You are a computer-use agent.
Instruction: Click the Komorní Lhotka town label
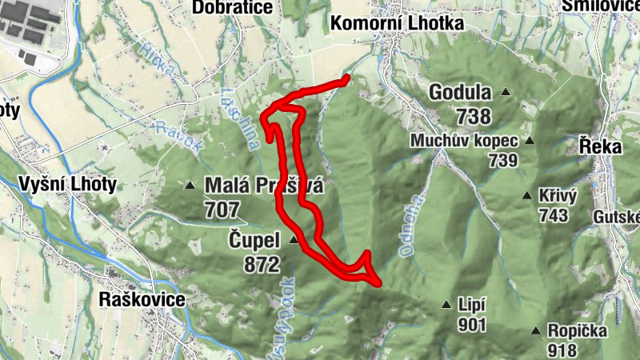[x=397, y=24]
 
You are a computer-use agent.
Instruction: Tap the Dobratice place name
[x=233, y=7]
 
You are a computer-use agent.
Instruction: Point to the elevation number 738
[x=474, y=117]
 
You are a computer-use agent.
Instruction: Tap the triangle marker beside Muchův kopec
[x=528, y=141]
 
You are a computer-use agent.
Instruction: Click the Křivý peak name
[x=554, y=198]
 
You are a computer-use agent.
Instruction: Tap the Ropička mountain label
[x=576, y=330]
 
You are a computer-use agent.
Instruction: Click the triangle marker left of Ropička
[x=535, y=330]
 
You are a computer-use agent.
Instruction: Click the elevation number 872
[x=262, y=263]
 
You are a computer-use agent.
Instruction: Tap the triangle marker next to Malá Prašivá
[x=190, y=186]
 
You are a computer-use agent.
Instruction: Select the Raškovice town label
[x=142, y=300]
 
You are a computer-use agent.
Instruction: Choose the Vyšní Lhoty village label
[x=66, y=185]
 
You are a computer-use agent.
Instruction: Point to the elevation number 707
[x=222, y=210]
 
